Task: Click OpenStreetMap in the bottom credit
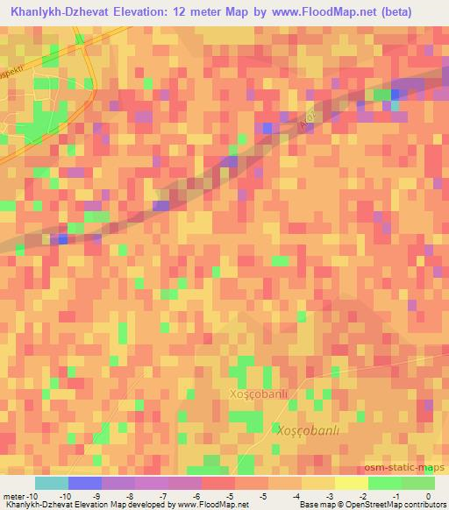click(x=360, y=505)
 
